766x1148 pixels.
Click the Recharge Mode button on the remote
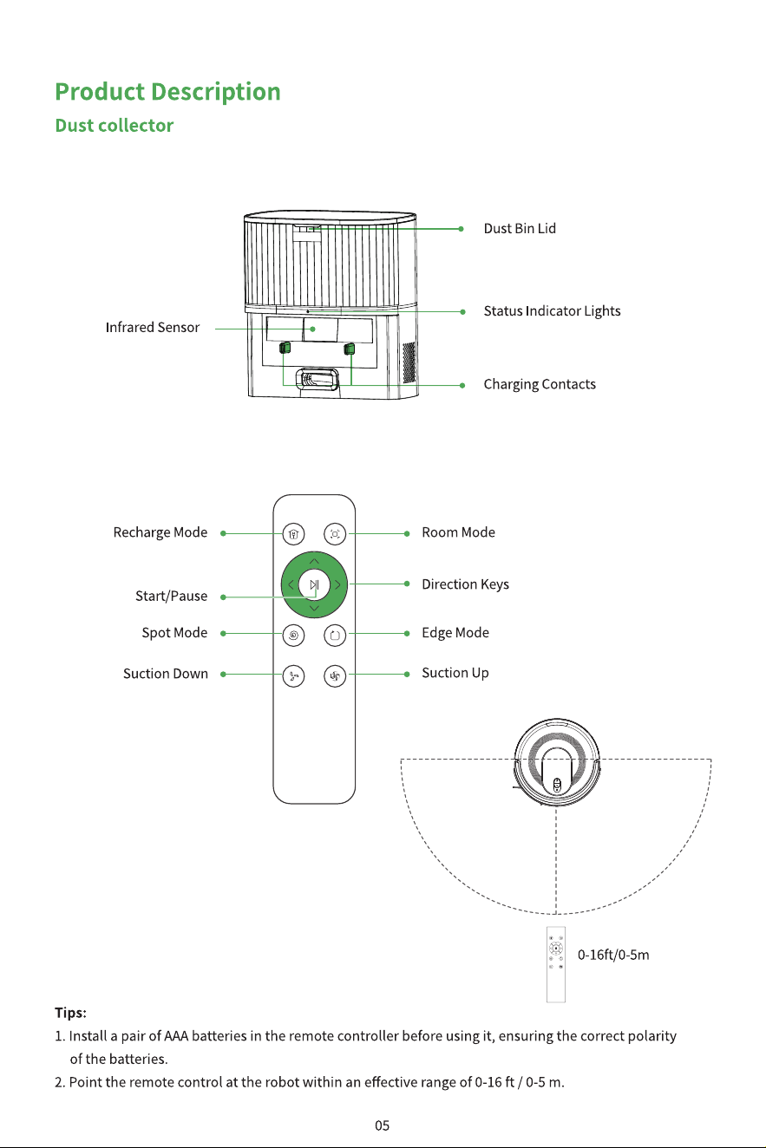[x=294, y=534]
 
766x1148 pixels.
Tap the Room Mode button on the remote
[x=335, y=534]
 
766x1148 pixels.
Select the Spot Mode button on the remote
[x=294, y=636]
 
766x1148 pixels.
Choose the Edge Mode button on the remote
[x=335, y=636]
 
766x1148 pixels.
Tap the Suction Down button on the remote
[x=294, y=676]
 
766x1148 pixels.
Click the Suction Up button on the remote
[x=335, y=676]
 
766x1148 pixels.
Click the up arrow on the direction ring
[x=314, y=561]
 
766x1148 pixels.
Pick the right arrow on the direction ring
[x=337, y=584]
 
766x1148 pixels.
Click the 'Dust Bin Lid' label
[x=520, y=229]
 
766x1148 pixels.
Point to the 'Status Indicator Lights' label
[x=553, y=311]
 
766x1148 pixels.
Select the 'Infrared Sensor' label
[x=153, y=328]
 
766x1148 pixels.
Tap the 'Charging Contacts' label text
[x=540, y=384]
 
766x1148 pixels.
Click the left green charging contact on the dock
[x=285, y=349]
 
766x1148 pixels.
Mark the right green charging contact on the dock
[x=349, y=349]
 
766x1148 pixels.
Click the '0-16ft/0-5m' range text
[x=613, y=955]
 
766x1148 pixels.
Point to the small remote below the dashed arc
[x=556, y=964]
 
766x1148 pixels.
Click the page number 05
[x=383, y=1125]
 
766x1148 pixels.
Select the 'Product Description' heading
[x=167, y=92]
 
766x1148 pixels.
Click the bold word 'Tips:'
[x=71, y=1013]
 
